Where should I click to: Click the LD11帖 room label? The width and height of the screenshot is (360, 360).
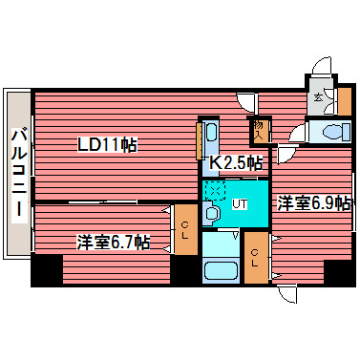[107, 145]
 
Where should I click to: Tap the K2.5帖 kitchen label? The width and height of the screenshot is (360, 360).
[236, 162]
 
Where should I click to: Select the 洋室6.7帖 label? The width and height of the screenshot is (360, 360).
[113, 243]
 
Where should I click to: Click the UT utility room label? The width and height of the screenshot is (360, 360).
[241, 203]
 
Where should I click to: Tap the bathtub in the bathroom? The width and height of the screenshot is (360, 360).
[221, 257]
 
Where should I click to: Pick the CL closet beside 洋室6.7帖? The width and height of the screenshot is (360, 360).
[185, 232]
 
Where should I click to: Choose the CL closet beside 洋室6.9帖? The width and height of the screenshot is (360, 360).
[256, 257]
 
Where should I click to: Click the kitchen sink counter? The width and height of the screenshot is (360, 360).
[212, 143]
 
